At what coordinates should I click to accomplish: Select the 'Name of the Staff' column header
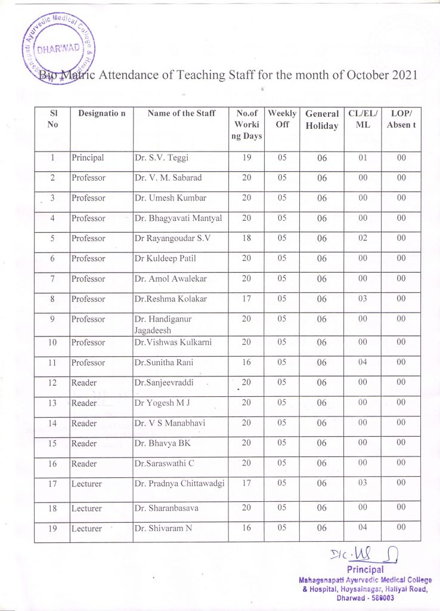click(x=181, y=113)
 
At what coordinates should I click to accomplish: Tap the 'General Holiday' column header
click(x=322, y=119)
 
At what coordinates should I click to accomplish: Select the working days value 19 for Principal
click(x=246, y=158)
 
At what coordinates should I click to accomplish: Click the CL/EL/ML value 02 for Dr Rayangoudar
click(x=363, y=238)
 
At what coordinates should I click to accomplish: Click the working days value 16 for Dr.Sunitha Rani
click(x=246, y=363)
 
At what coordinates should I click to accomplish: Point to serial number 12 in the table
click(x=52, y=383)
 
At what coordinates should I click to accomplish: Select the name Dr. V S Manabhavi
click(x=170, y=423)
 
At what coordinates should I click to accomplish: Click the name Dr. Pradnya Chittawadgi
click(x=179, y=483)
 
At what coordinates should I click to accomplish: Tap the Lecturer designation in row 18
click(x=86, y=508)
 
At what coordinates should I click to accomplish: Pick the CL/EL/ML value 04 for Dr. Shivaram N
click(x=363, y=527)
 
